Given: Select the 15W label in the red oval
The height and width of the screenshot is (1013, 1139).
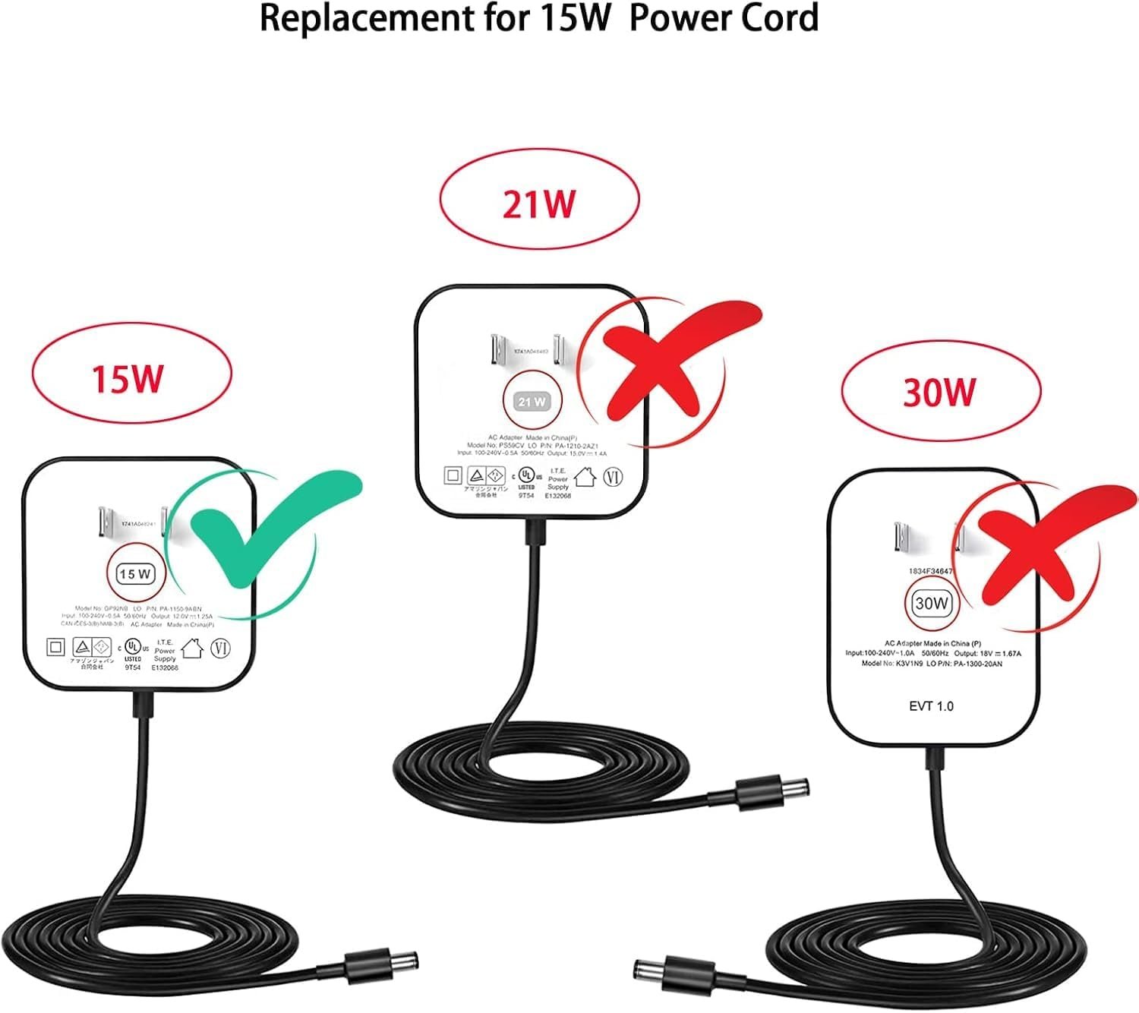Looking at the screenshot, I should tap(128, 377).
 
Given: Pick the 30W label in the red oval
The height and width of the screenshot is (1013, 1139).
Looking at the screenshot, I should tap(939, 392).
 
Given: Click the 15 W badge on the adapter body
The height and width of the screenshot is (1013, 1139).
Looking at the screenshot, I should tap(135, 574).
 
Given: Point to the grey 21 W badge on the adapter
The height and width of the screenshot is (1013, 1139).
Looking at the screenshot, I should tap(532, 402).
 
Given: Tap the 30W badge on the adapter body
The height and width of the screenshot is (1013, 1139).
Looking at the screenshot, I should tap(932, 604).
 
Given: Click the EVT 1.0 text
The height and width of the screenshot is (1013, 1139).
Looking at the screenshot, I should tap(931, 706).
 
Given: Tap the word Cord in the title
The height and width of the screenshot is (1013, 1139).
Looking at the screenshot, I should tap(778, 18).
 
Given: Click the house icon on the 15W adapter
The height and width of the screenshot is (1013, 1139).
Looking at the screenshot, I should tap(191, 649).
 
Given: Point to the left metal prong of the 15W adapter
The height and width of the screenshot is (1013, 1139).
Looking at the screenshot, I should tap(107, 523).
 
